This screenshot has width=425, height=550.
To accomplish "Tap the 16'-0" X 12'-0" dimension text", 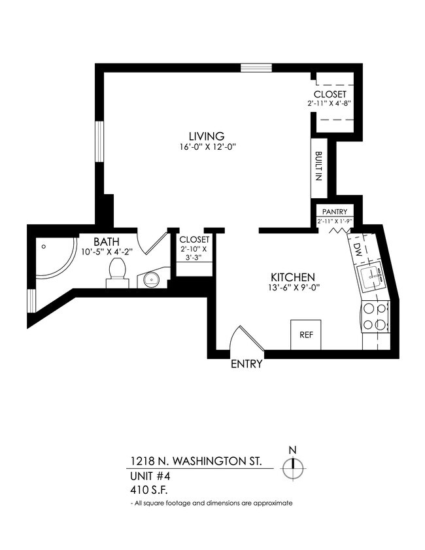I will click(x=207, y=147).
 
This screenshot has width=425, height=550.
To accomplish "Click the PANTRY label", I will click(x=335, y=212).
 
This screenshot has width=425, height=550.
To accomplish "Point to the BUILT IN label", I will click(x=318, y=167).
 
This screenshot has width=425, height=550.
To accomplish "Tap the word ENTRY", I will click(x=246, y=364).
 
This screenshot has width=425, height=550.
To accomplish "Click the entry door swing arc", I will click(x=241, y=340).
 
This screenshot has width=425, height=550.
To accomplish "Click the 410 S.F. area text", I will click(x=148, y=489).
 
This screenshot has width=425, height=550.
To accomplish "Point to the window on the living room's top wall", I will click(x=256, y=67).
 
